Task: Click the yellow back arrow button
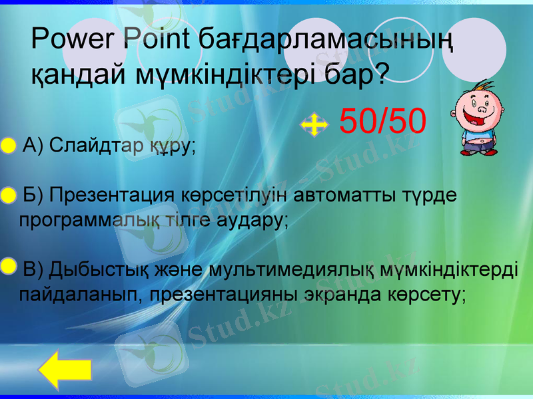click(x=64, y=373)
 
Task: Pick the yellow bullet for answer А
click(x=7, y=146)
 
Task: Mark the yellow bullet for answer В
click(x=7, y=267)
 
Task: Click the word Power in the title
click(x=73, y=40)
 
